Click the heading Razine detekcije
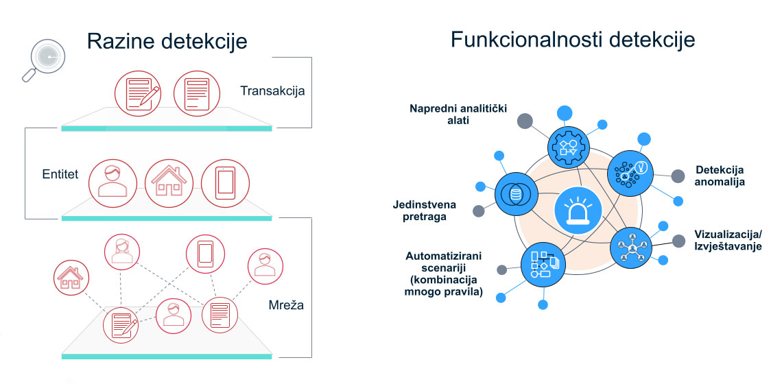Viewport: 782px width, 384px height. (167, 42)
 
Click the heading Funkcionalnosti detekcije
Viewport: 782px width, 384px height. (573, 39)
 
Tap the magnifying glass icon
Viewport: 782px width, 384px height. (42, 60)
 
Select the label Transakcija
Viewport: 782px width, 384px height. (272, 91)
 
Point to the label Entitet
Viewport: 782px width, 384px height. (60, 174)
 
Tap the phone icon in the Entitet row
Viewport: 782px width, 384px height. (224, 182)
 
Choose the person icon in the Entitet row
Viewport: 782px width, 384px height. (113, 180)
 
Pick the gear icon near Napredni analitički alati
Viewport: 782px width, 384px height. (568, 145)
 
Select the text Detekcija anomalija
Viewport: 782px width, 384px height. (720, 176)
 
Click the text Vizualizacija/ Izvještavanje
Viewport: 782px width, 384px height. (727, 240)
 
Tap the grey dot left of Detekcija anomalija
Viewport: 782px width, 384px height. (677, 176)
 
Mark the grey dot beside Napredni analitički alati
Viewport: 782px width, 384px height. (525, 122)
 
